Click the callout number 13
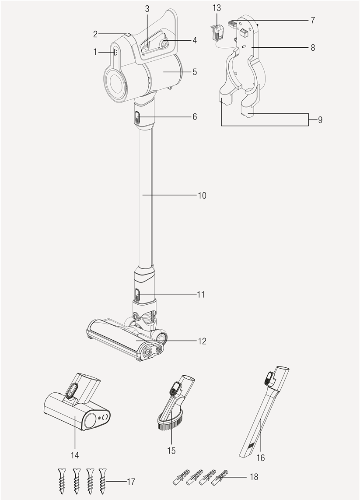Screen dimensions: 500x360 click(x=217, y=8)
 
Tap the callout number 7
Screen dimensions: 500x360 click(x=312, y=21)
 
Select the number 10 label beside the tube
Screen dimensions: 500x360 click(x=202, y=195)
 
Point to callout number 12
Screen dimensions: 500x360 click(x=202, y=341)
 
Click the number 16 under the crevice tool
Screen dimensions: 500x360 click(x=261, y=458)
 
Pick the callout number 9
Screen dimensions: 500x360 click(x=320, y=120)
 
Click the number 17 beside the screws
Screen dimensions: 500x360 click(x=131, y=482)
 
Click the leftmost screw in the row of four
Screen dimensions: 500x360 click(x=62, y=480)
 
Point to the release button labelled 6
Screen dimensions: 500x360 click(x=137, y=118)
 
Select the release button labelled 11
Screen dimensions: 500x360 click(x=137, y=295)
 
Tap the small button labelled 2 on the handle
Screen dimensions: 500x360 click(x=128, y=34)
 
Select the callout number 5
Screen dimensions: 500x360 click(x=195, y=71)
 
